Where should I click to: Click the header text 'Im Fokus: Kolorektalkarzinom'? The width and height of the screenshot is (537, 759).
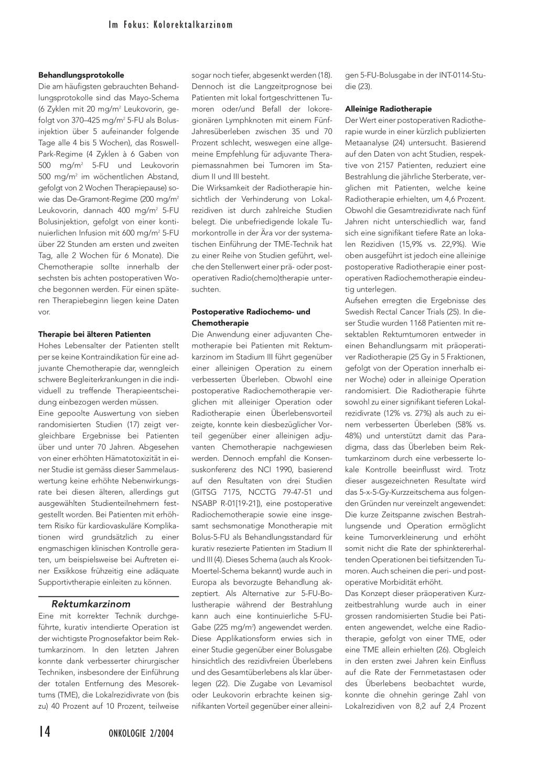(170, 25)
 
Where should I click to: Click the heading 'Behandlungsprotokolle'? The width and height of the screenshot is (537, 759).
(81, 75)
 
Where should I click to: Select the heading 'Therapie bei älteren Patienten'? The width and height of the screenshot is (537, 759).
(94, 334)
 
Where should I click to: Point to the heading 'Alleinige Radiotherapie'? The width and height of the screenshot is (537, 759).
(389, 109)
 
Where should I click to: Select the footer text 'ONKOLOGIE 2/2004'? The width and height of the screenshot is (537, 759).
(141, 733)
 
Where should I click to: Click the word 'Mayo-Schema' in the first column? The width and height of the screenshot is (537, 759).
(157, 97)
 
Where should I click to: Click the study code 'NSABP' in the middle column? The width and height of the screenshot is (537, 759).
(207, 503)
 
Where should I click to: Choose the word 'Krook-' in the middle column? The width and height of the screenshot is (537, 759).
(320, 559)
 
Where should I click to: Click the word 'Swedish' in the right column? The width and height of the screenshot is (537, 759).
(360, 312)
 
